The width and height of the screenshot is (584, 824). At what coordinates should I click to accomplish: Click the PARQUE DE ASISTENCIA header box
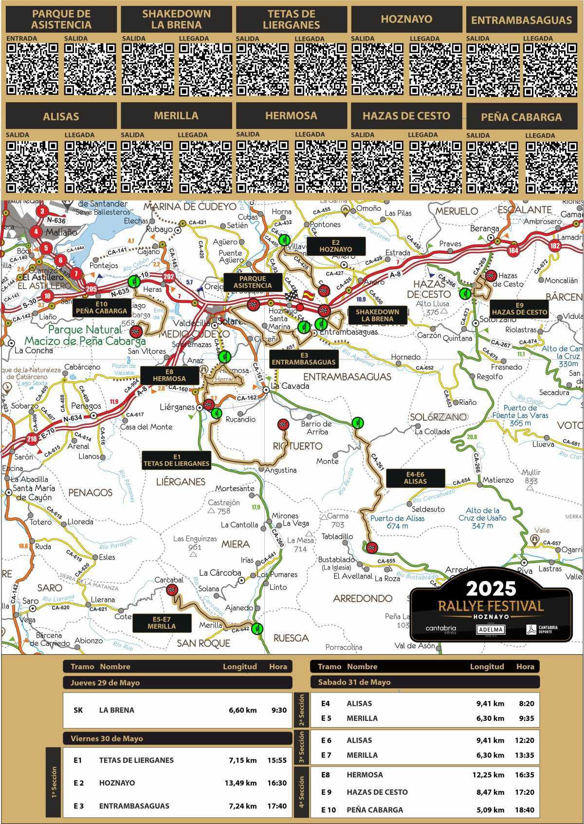coord(61,19)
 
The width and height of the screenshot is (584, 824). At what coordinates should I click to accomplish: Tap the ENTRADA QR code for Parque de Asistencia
coord(32,69)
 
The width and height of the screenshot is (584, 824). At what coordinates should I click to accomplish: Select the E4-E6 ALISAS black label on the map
coord(415,477)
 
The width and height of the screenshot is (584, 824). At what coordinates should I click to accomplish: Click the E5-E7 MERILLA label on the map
coord(162,623)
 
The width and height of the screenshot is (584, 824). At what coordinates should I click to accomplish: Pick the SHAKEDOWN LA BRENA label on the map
coord(377,315)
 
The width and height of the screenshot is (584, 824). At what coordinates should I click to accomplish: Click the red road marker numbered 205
coord(91,289)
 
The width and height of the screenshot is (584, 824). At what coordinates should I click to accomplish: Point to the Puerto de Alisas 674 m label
coord(398,522)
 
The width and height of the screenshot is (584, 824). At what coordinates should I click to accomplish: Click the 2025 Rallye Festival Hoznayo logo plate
coord(491,614)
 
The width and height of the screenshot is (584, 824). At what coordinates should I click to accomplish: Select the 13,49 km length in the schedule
coord(242,783)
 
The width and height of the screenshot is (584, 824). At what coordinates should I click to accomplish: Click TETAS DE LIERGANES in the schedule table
coord(136,760)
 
